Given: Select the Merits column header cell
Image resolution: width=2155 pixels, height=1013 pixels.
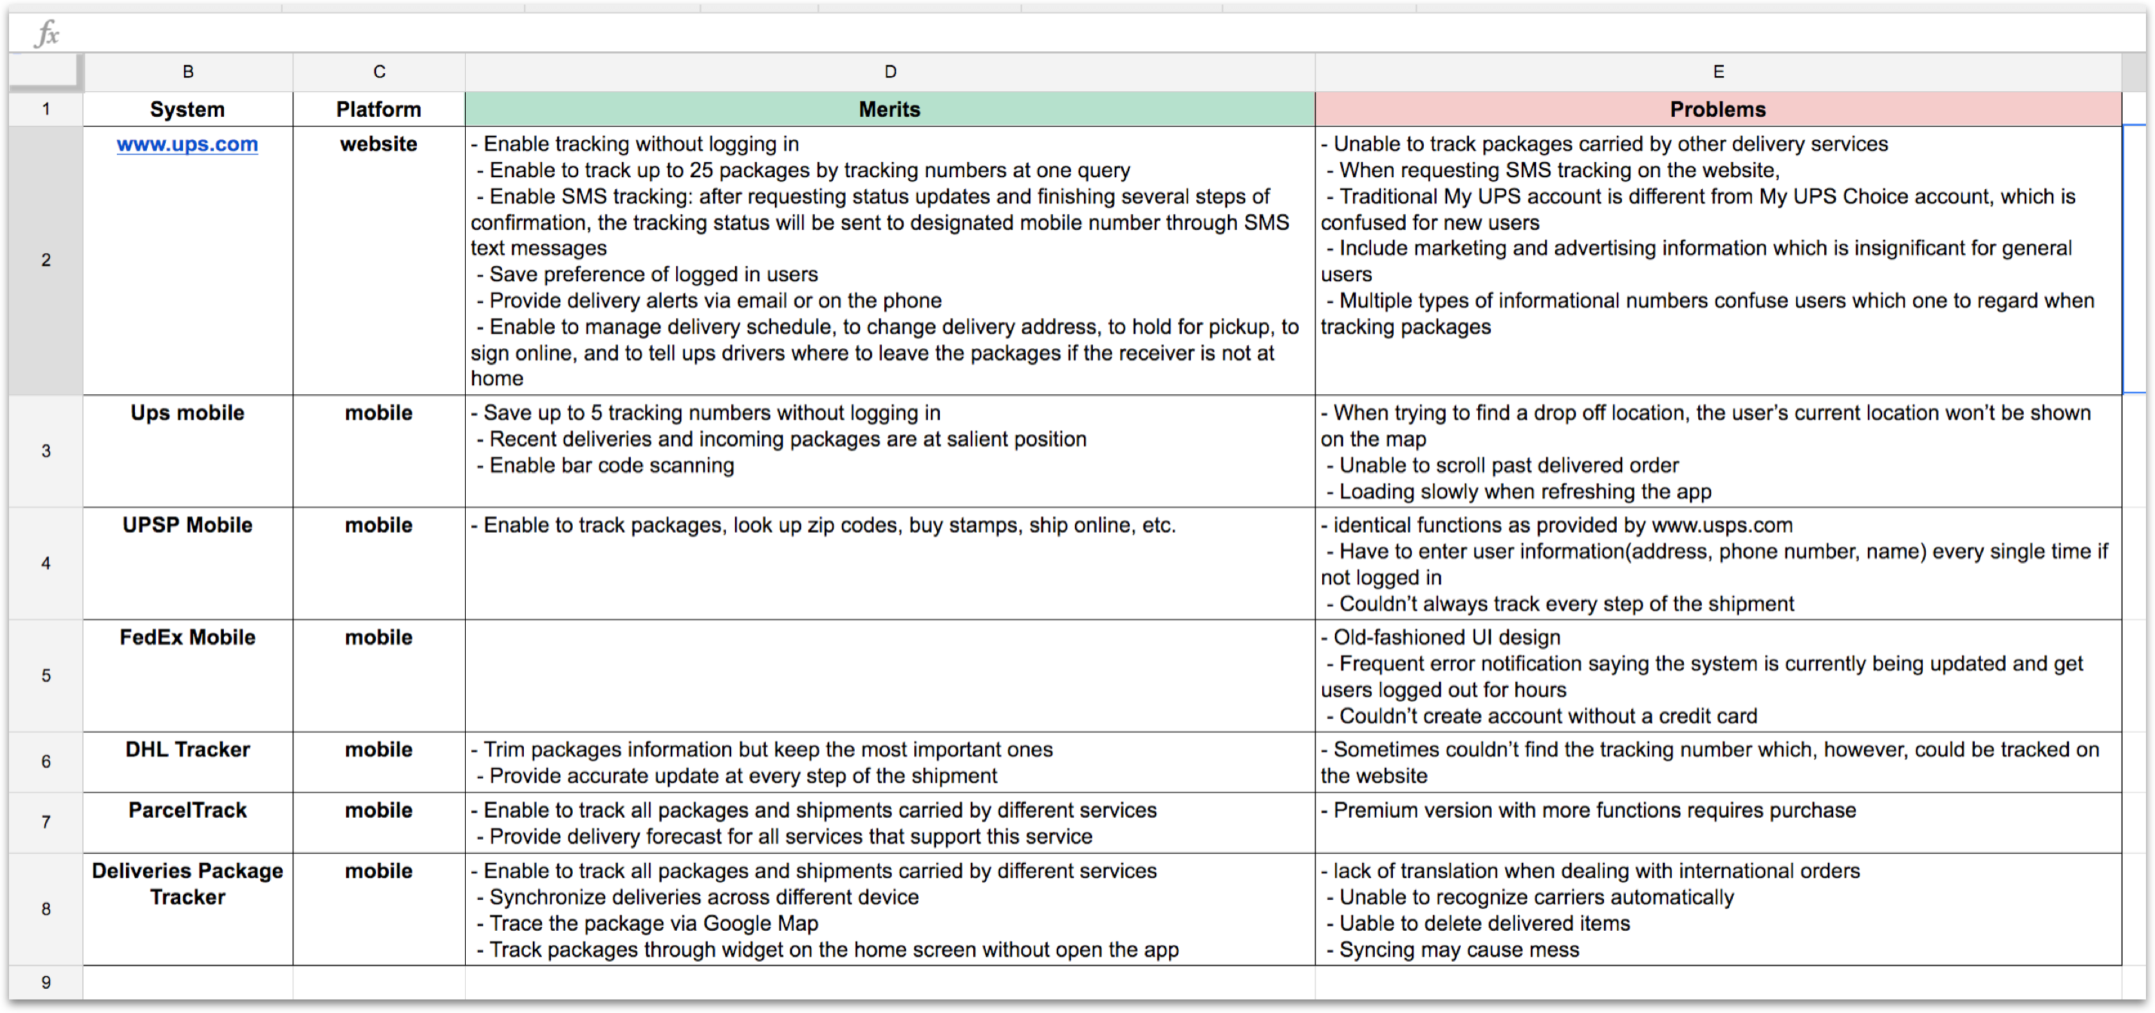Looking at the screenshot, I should tap(889, 109).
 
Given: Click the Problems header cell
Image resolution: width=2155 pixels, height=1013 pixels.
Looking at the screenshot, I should tap(1718, 109).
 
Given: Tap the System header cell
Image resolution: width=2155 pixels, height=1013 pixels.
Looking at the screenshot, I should tap(188, 109).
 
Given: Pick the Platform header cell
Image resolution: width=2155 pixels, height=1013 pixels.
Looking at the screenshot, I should tap(378, 109).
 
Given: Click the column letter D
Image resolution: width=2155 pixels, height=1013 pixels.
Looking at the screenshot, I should tap(890, 72).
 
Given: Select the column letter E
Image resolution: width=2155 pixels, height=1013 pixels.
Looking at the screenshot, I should tap(1719, 72).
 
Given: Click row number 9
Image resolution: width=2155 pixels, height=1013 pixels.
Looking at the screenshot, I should tap(46, 982).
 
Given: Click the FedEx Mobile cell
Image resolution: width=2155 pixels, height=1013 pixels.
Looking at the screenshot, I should tap(188, 638).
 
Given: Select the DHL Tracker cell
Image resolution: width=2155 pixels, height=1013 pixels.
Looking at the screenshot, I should tap(188, 749).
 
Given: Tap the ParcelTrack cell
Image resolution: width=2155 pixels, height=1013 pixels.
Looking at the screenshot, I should tap(188, 810).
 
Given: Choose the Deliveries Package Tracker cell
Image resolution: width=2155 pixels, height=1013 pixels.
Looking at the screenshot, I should tap(188, 884).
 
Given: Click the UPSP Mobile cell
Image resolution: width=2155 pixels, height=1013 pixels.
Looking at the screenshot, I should tap(188, 525).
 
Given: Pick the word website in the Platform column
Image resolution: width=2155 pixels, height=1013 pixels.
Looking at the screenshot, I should tap(378, 144).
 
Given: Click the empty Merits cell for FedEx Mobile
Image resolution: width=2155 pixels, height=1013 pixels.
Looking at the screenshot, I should tap(889, 675).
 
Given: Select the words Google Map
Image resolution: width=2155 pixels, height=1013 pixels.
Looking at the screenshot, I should tap(761, 923).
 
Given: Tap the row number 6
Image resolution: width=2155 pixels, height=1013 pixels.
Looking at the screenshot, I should tap(46, 761).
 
